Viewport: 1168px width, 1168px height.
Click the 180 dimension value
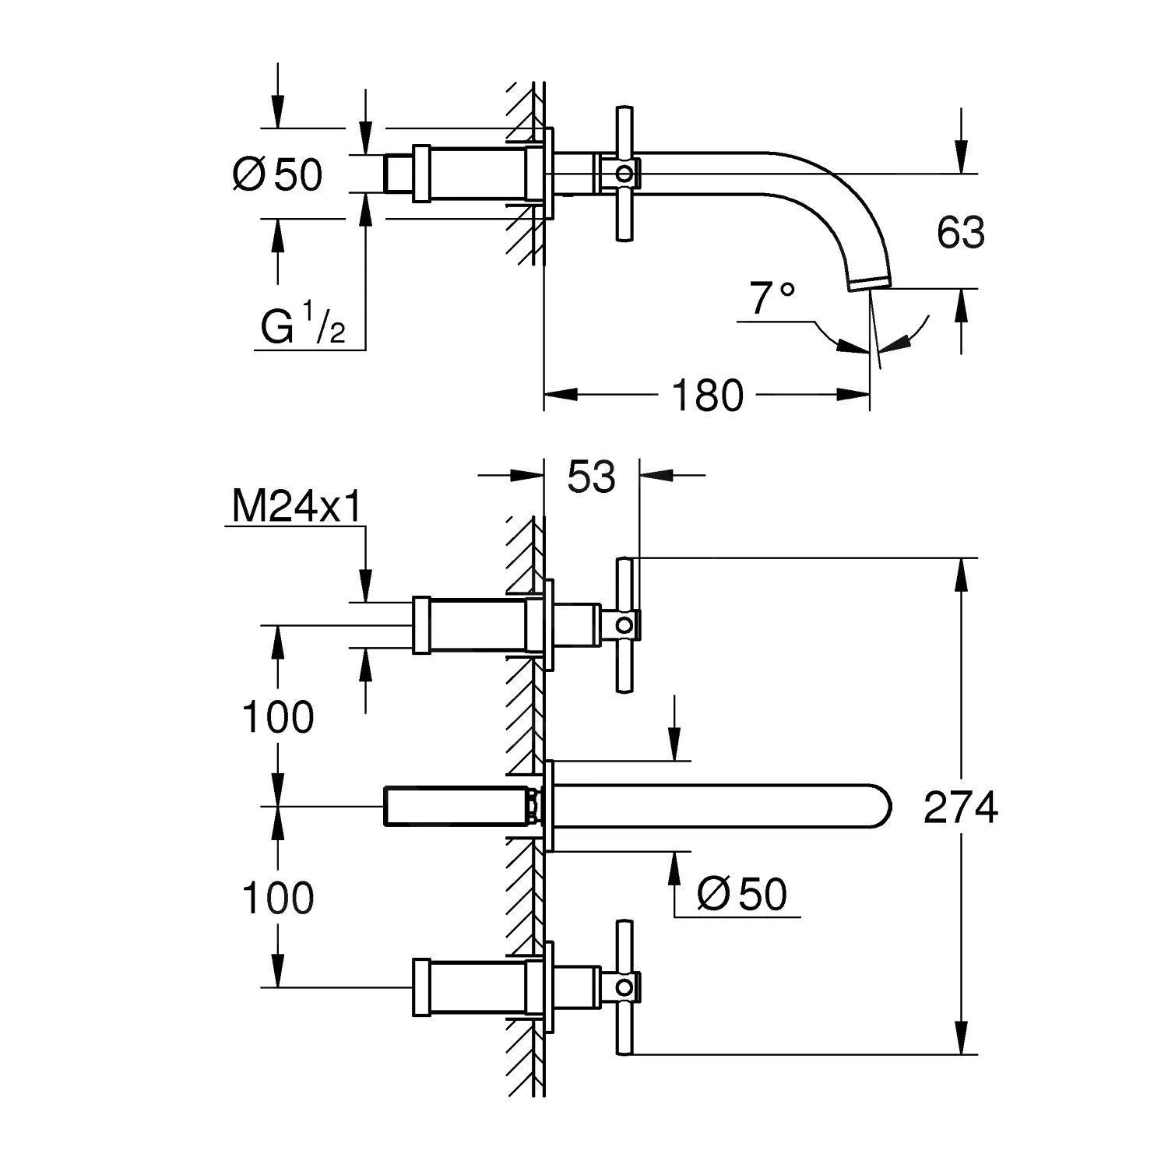(x=707, y=396)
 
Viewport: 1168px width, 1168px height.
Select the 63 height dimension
(x=961, y=232)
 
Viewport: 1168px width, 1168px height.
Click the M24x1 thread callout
(x=296, y=508)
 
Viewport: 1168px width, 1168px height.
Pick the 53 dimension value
(x=591, y=477)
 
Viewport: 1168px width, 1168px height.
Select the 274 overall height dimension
(x=961, y=807)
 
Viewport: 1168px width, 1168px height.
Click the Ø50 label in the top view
(x=277, y=174)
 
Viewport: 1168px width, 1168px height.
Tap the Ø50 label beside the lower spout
(x=742, y=895)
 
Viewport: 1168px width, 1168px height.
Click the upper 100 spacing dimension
(x=278, y=716)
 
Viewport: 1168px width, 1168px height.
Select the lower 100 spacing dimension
(x=278, y=898)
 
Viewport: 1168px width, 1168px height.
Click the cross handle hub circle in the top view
(x=623, y=172)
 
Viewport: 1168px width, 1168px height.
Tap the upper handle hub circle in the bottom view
(x=624, y=624)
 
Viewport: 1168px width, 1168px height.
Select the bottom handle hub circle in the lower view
(x=624, y=987)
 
